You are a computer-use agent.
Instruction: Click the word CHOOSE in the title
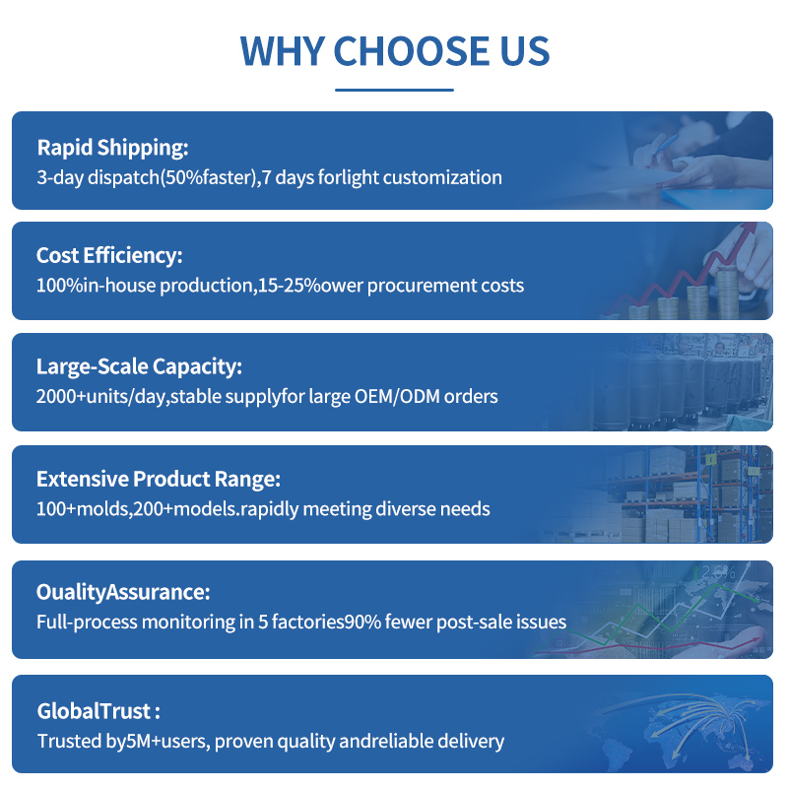tap(411, 51)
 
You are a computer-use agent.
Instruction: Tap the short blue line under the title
tap(394, 90)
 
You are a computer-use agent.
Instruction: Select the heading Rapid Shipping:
tap(112, 148)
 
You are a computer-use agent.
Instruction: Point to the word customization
tap(442, 177)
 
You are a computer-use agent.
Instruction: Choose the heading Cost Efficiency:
tap(109, 255)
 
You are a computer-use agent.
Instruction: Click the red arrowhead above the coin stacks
tap(750, 228)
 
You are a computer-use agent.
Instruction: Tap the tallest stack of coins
tap(727, 293)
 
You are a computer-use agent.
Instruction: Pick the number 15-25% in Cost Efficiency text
tap(289, 286)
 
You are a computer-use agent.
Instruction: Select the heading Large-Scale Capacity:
tap(139, 366)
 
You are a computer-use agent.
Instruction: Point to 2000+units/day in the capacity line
tap(100, 397)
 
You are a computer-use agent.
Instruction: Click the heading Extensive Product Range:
tap(159, 479)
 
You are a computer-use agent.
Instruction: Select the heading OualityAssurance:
tap(123, 592)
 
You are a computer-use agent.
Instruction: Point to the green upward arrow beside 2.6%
tap(695, 572)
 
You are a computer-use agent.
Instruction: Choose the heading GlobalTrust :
tap(98, 711)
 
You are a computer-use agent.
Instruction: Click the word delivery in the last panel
tap(471, 742)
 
